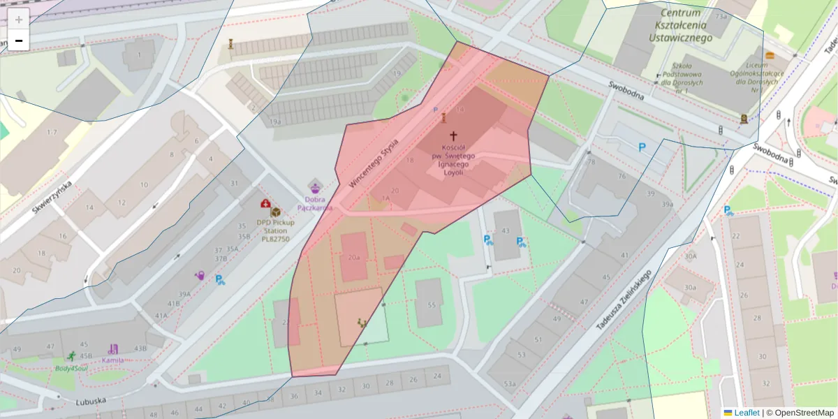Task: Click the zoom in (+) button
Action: tap(19, 20)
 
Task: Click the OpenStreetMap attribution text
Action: tap(802, 413)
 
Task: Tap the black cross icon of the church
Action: tap(453, 135)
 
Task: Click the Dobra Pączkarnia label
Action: tap(315, 203)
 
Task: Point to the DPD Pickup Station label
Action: tap(275, 230)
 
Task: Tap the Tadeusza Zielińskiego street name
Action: tap(623, 300)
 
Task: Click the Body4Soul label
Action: tap(72, 367)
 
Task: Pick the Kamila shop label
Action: tap(112, 360)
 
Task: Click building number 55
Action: tap(431, 304)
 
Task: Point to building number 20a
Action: tap(353, 257)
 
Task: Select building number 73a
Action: tap(721, 15)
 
